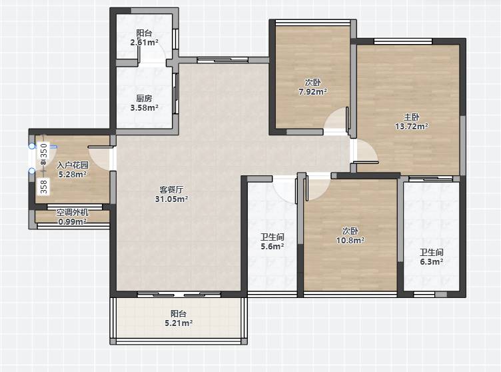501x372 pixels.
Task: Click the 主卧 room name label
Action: pyautogui.click(x=411, y=117)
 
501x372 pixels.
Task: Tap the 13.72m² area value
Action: pyautogui.click(x=412, y=127)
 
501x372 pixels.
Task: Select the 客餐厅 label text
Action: pyautogui.click(x=171, y=190)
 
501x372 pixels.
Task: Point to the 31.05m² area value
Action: pyautogui.click(x=172, y=199)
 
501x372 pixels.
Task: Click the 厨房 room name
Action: pyautogui.click(x=144, y=99)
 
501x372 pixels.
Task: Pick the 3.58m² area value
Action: pyautogui.click(x=145, y=108)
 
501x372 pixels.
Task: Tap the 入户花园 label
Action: pyautogui.click(x=73, y=165)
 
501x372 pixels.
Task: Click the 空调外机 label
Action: pyautogui.click(x=73, y=213)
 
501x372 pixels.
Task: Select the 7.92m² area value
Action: pyautogui.click(x=313, y=92)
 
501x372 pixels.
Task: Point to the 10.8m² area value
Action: pyautogui.click(x=350, y=240)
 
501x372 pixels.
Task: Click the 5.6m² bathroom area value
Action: pyautogui.click(x=272, y=246)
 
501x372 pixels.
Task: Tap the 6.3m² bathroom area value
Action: pyautogui.click(x=431, y=261)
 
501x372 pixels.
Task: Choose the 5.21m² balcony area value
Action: pyautogui.click(x=179, y=323)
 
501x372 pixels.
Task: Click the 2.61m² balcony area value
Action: pyautogui.click(x=145, y=42)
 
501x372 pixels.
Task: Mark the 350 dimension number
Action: pyautogui.click(x=44, y=150)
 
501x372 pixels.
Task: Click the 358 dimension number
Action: pyautogui.click(x=44, y=187)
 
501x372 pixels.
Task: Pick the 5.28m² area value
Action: pyautogui.click(x=73, y=174)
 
